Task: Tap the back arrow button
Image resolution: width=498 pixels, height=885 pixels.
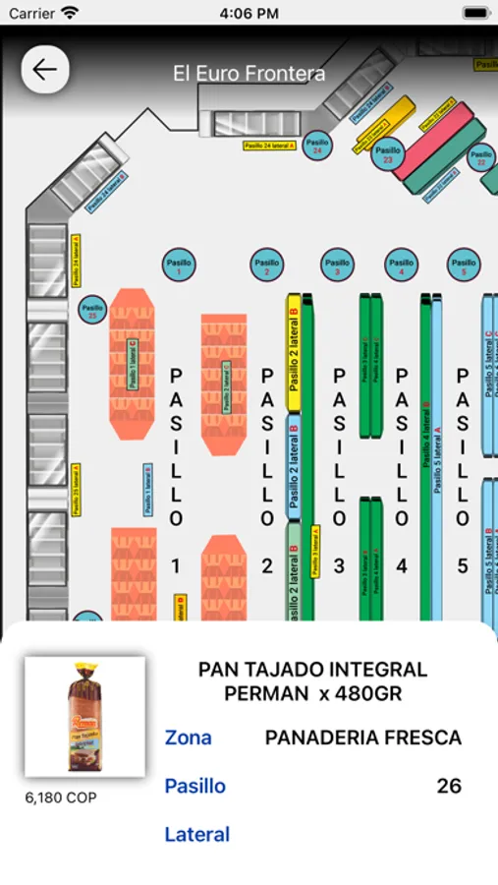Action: [45, 70]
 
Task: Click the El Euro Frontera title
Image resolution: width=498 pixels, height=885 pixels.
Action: [249, 73]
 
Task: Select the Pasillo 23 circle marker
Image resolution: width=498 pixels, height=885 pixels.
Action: [388, 154]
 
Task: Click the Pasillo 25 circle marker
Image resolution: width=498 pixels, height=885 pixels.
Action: [92, 310]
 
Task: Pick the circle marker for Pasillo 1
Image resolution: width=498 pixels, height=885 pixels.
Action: [178, 264]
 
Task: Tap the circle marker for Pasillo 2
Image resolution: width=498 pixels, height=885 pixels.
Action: [267, 264]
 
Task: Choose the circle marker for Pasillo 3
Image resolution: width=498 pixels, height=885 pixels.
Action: [337, 264]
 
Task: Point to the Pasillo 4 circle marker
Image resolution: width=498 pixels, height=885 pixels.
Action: [401, 264]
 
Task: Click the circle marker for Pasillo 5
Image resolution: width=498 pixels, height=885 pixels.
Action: [464, 264]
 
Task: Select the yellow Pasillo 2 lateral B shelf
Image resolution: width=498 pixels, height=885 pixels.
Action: [294, 352]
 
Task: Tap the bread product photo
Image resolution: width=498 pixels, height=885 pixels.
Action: [84, 717]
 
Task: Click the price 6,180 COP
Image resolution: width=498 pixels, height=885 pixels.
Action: [61, 797]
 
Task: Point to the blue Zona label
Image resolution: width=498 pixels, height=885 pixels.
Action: [188, 737]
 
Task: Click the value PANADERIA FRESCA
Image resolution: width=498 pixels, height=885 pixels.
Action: [363, 737]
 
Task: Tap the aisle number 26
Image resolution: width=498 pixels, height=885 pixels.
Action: [449, 786]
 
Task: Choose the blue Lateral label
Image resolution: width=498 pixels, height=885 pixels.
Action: [196, 835]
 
